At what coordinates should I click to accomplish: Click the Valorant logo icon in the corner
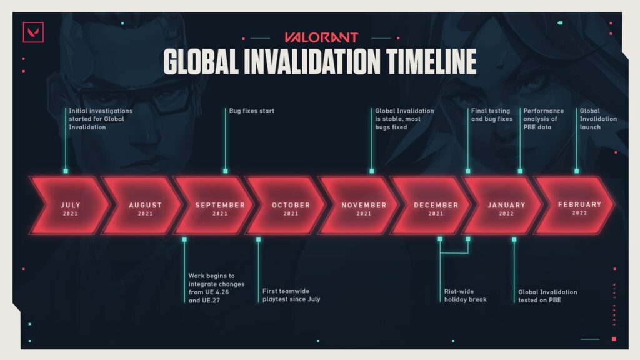pyautogui.click(x=33, y=32)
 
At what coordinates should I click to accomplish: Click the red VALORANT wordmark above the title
pyautogui.click(x=321, y=37)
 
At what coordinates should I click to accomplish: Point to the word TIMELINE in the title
pyautogui.click(x=431, y=62)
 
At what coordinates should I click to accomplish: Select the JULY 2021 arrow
pyautogui.click(x=70, y=205)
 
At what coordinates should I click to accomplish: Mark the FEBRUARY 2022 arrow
pyautogui.click(x=575, y=205)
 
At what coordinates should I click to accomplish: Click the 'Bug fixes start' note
pyautogui.click(x=251, y=111)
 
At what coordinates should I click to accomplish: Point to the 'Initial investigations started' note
pyautogui.click(x=101, y=119)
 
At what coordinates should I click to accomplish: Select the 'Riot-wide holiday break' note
pyautogui.click(x=465, y=296)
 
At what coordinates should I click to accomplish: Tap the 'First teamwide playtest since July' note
pyautogui.click(x=291, y=295)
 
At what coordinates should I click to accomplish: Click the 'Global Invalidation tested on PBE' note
pyautogui.click(x=547, y=296)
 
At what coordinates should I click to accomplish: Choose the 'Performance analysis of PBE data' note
pyautogui.click(x=543, y=119)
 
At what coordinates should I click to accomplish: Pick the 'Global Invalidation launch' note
pyautogui.click(x=598, y=119)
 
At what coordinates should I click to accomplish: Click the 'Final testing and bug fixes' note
pyautogui.click(x=491, y=115)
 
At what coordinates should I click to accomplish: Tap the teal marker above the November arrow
pyautogui.click(x=372, y=171)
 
